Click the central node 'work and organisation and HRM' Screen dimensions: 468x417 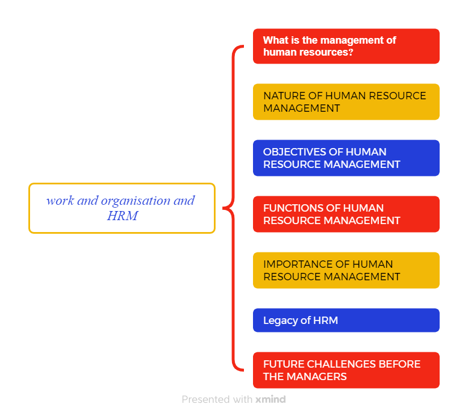122,208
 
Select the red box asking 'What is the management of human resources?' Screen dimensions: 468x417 346,47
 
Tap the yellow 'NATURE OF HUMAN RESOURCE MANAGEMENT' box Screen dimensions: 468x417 346,102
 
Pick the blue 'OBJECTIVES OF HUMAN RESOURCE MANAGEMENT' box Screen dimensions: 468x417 346,158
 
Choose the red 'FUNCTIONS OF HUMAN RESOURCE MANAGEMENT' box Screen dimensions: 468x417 346,214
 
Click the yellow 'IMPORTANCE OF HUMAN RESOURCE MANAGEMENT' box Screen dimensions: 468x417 346,270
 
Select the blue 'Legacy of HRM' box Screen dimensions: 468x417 346,321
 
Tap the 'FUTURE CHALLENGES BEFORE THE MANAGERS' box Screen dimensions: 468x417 346,370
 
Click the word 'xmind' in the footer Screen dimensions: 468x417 271,399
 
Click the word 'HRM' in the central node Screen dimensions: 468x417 123,216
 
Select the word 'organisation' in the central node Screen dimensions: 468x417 136,201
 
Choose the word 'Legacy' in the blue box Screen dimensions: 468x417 281,321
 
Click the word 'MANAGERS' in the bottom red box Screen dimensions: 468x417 317,377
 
